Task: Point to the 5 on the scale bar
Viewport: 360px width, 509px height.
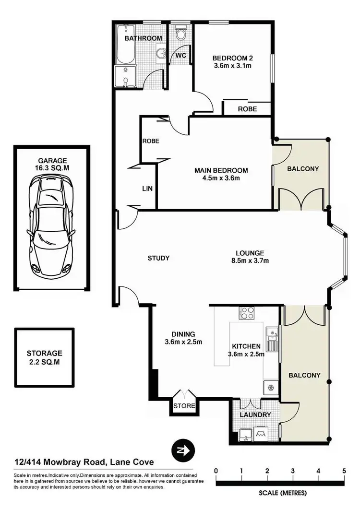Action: (344, 471)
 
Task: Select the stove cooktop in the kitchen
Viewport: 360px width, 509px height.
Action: (247, 313)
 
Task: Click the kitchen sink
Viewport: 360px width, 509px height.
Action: (272, 336)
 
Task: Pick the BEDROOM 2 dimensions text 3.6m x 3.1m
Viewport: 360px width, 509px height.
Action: (232, 66)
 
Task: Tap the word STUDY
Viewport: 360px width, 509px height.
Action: (158, 258)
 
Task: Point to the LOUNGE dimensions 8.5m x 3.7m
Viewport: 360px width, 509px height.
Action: (250, 261)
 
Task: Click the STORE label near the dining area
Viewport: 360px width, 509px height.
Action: (184, 406)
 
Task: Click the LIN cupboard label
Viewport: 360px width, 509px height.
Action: (147, 189)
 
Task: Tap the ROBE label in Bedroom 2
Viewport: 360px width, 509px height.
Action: (247, 109)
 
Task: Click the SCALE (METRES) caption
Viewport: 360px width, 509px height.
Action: (281, 493)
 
